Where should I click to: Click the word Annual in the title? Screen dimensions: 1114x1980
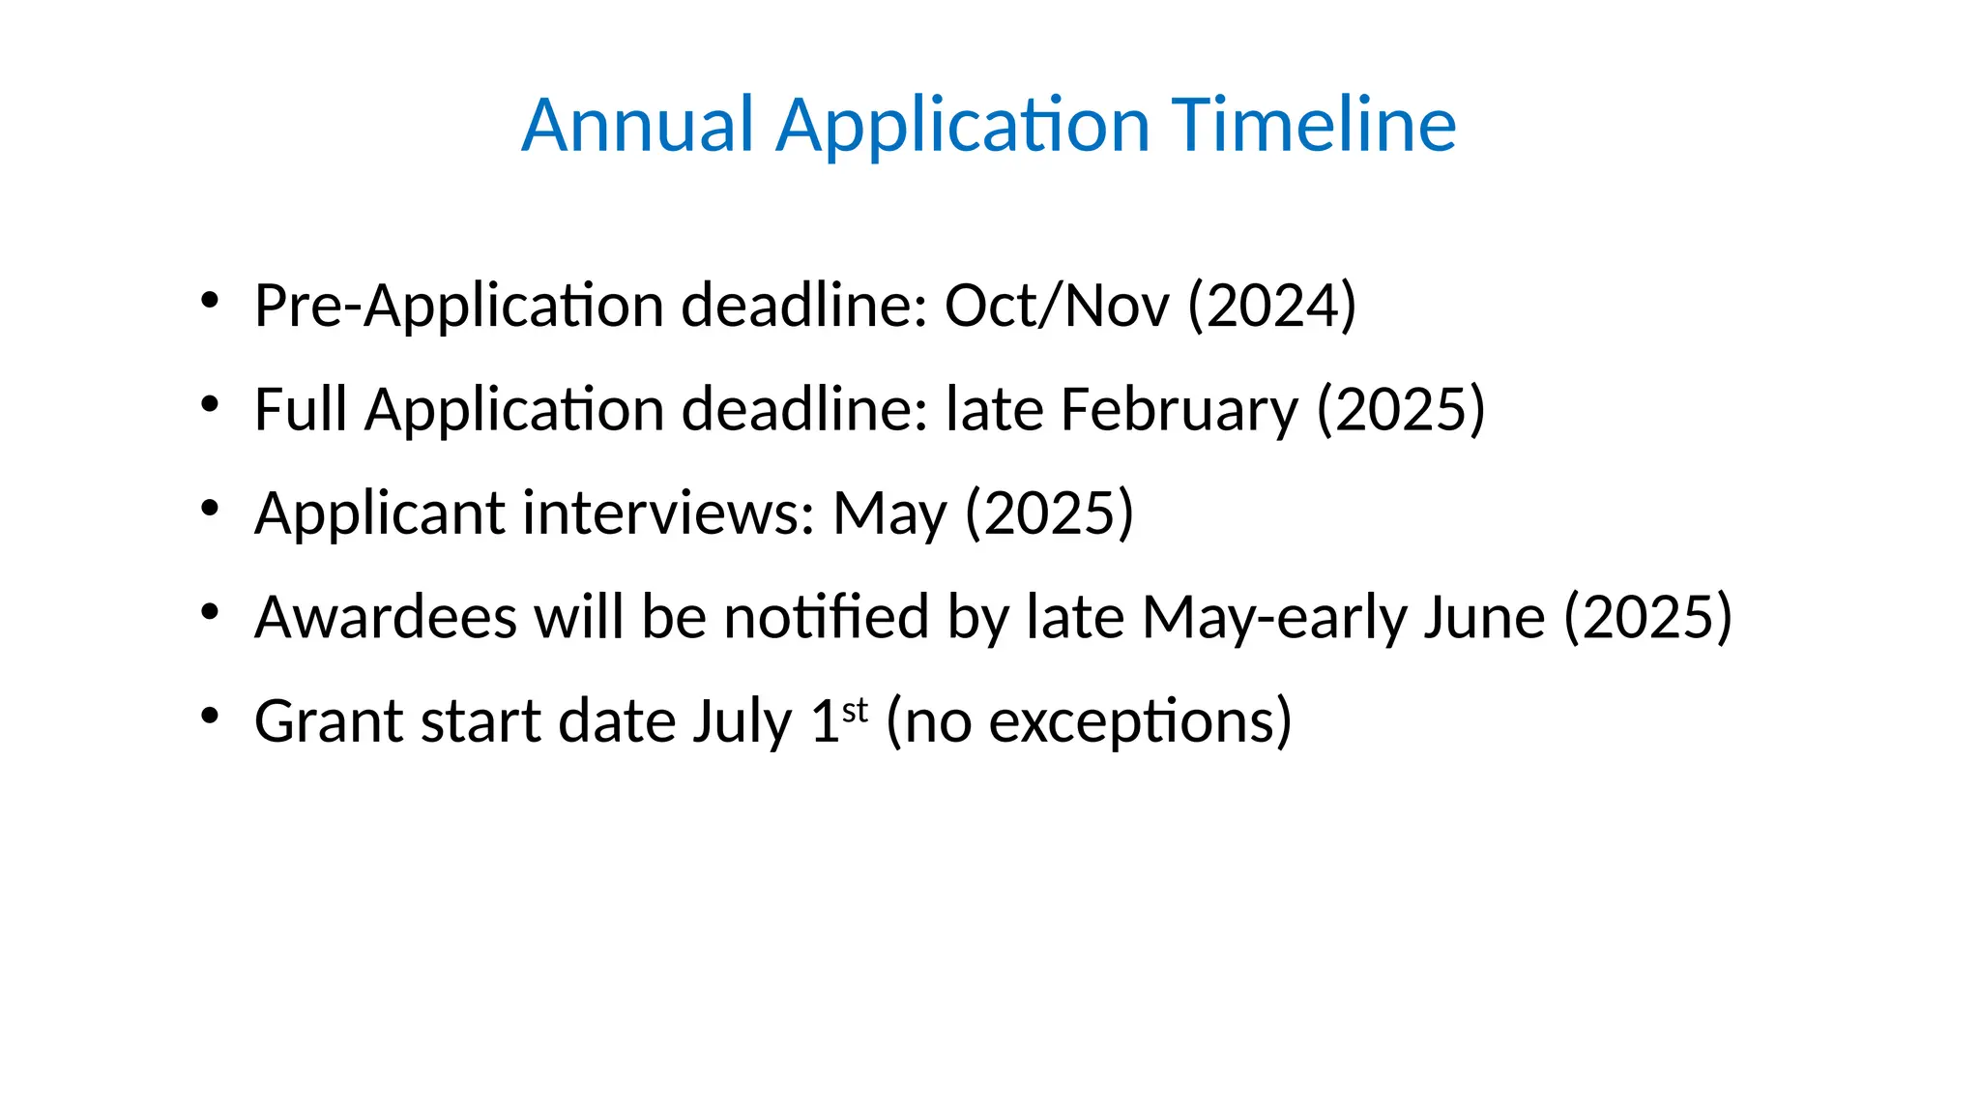tap(637, 125)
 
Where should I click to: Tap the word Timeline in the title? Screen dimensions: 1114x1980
tap(1314, 125)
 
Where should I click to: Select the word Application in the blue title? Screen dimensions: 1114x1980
tap(963, 127)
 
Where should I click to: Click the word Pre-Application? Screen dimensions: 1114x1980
tap(458, 307)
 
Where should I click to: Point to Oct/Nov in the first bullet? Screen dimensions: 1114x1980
tap(1056, 306)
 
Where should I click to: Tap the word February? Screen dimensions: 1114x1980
tap(1179, 411)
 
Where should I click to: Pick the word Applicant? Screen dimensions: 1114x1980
tap(379, 513)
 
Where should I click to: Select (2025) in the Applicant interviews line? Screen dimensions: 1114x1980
tap(1050, 513)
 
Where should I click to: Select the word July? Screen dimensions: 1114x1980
tap(742, 722)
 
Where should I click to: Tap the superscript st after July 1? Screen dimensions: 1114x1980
tap(856, 710)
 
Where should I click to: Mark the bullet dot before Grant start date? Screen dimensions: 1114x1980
tap(210, 717)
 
